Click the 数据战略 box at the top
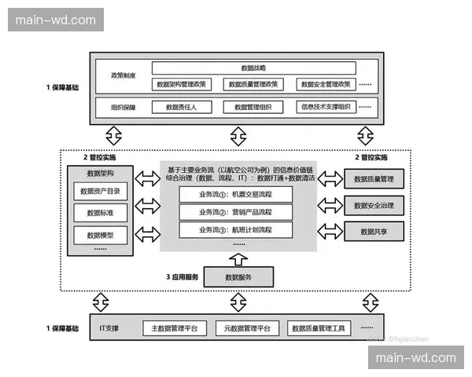tap(253, 68)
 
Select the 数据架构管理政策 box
tap(182, 84)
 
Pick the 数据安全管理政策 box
tap(326, 84)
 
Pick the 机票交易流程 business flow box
tap(236, 193)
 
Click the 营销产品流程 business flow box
tap(236, 211)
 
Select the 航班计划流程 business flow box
tap(236, 230)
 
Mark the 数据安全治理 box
tap(374, 206)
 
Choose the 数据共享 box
tap(374, 232)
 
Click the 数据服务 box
tap(238, 276)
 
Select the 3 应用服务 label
tap(182, 276)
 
